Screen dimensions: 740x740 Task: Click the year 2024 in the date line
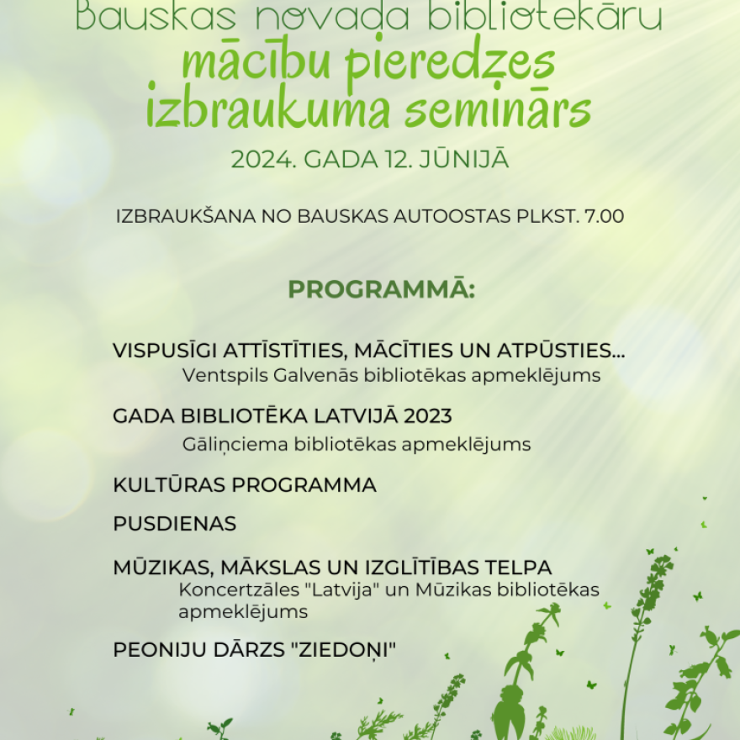[261, 160]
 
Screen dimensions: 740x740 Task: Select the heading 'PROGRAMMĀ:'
[382, 290]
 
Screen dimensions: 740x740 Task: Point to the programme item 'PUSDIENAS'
[175, 524]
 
